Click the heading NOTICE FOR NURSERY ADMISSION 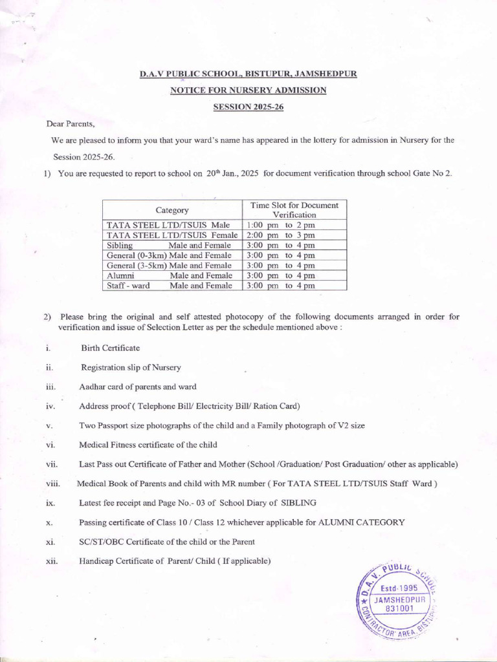pyautogui.click(x=248, y=91)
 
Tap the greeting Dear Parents pyautogui.click(x=71, y=123)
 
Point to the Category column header pyautogui.click(x=171, y=210)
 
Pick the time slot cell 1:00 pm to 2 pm pyautogui.click(x=281, y=225)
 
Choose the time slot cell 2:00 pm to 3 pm pyautogui.click(x=281, y=235)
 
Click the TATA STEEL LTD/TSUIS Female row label pyautogui.click(x=172, y=235)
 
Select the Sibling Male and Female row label pyautogui.click(x=169, y=246)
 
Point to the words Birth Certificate pyautogui.click(x=110, y=348)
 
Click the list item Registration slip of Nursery pyautogui.click(x=131, y=367)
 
